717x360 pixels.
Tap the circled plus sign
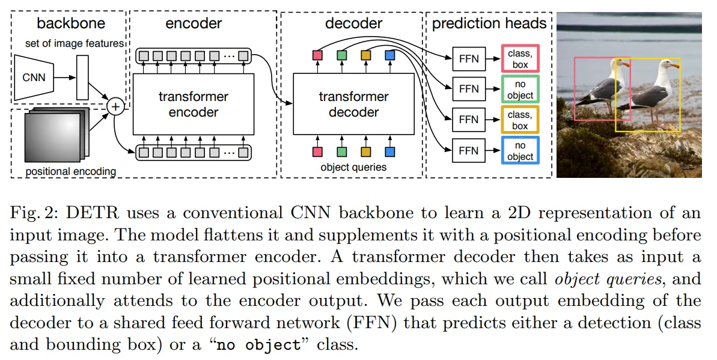pos(115,107)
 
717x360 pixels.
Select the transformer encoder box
pos(193,104)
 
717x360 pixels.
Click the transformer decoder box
pos(353,104)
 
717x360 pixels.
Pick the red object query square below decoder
pos(317,151)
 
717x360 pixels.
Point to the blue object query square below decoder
pos(389,151)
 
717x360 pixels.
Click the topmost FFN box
pos(469,59)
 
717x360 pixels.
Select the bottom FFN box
pos(469,150)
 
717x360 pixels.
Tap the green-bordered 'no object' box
pos(520,90)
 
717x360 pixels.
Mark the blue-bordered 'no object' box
pos(520,150)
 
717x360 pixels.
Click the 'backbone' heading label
pos(71,23)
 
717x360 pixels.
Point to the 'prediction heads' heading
pos(489,23)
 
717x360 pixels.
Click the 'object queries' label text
pos(353,167)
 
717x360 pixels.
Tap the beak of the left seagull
pos(627,63)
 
